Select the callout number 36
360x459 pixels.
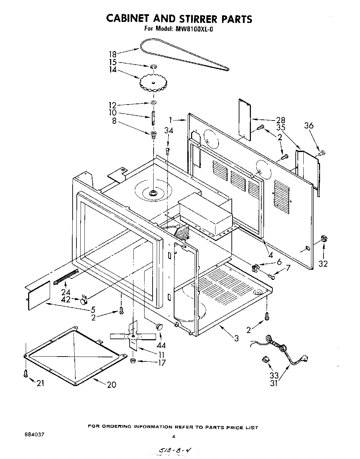click(x=309, y=125)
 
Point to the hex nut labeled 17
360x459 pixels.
click(x=133, y=361)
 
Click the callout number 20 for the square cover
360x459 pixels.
click(x=112, y=384)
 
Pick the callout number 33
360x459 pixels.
click(x=274, y=375)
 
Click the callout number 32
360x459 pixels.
click(x=323, y=264)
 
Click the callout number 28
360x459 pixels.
click(x=281, y=120)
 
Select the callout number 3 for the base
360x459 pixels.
click(x=236, y=338)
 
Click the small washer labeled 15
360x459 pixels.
click(x=153, y=66)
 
